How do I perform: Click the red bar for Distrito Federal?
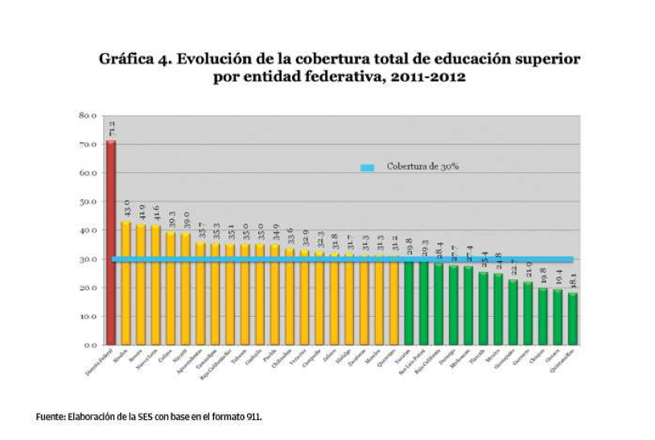tap(111, 241)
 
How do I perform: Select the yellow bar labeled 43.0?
tap(126, 282)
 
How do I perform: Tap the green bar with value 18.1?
tap(573, 319)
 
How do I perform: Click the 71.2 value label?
tap(112, 128)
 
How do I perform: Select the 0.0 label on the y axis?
tap(90, 345)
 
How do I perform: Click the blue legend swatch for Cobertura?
tap(368, 167)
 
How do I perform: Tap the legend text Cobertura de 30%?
tap(422, 167)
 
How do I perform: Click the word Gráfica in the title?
tap(128, 60)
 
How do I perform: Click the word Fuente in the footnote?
tap(51, 417)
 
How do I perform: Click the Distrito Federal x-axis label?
tap(98, 363)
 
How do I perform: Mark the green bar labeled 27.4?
tap(468, 305)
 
